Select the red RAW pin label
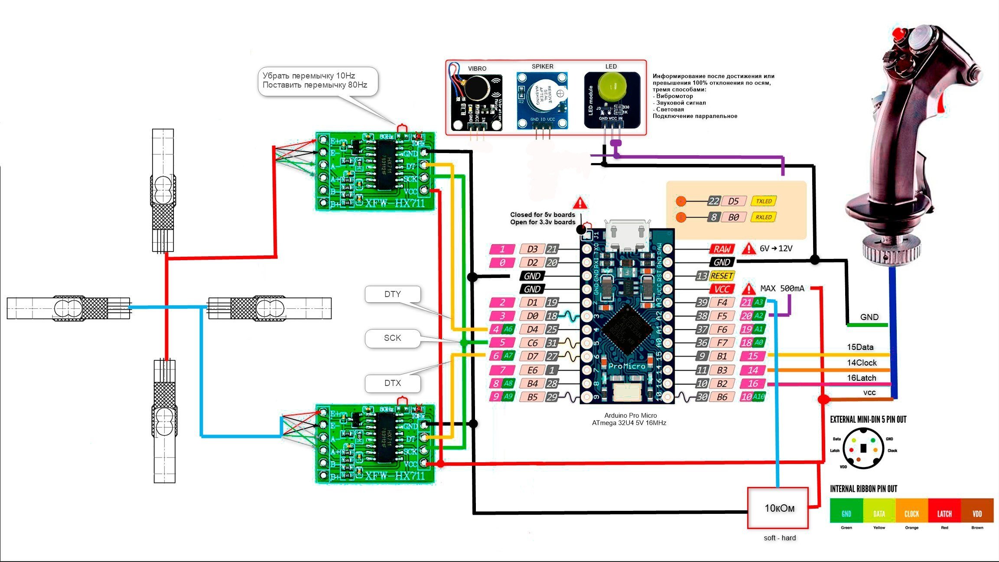[722, 249]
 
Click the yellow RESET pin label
[722, 276]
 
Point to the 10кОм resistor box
[778, 508]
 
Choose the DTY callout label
[393, 294]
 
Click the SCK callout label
[393, 338]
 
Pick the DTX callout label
[393, 383]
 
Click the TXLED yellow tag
[764, 201]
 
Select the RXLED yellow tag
[764, 217]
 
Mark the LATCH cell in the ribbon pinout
[944, 514]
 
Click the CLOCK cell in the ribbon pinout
[911, 514]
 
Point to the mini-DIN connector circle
[863, 449]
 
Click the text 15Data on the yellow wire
[860, 347]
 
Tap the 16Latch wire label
[862, 378]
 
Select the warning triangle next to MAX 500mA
[748, 289]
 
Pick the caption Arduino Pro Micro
[631, 415]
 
